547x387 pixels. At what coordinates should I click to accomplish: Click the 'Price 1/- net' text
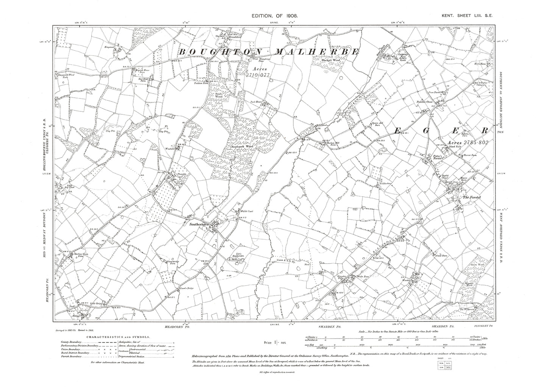point(276,342)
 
